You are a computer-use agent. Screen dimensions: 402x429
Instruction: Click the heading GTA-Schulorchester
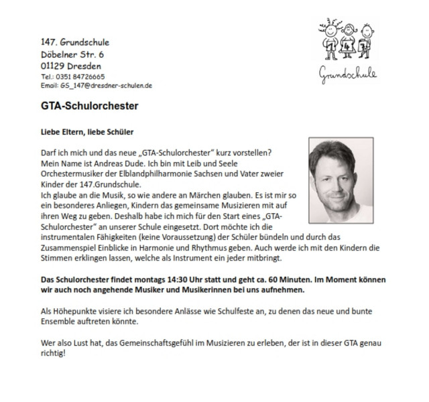tap(90, 106)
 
